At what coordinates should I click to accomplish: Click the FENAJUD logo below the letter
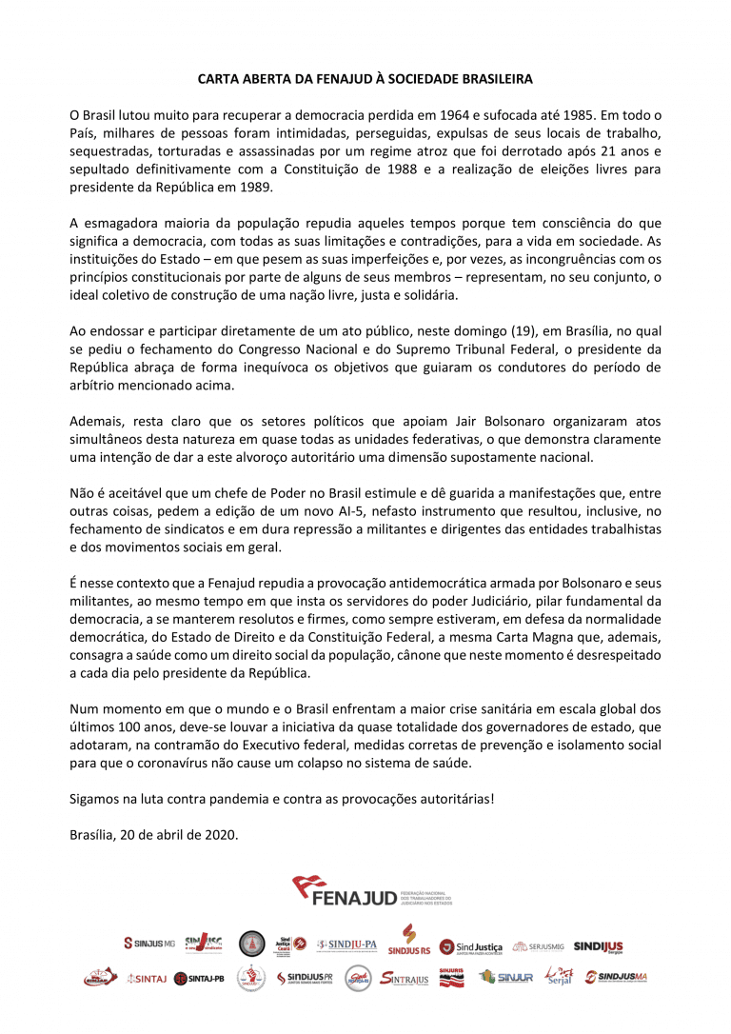coord(371,893)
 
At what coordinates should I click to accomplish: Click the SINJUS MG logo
coord(149,944)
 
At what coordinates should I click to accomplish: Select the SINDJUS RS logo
coord(409,941)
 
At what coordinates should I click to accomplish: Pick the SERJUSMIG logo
coord(538,945)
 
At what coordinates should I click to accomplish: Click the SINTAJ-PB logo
coord(199,977)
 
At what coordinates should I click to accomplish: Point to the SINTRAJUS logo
coord(405,978)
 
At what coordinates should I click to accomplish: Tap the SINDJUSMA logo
coord(617,977)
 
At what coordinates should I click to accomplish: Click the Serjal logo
coord(559,977)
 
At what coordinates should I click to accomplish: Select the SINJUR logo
coord(506,978)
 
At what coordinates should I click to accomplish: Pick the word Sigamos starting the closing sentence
coord(95,799)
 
